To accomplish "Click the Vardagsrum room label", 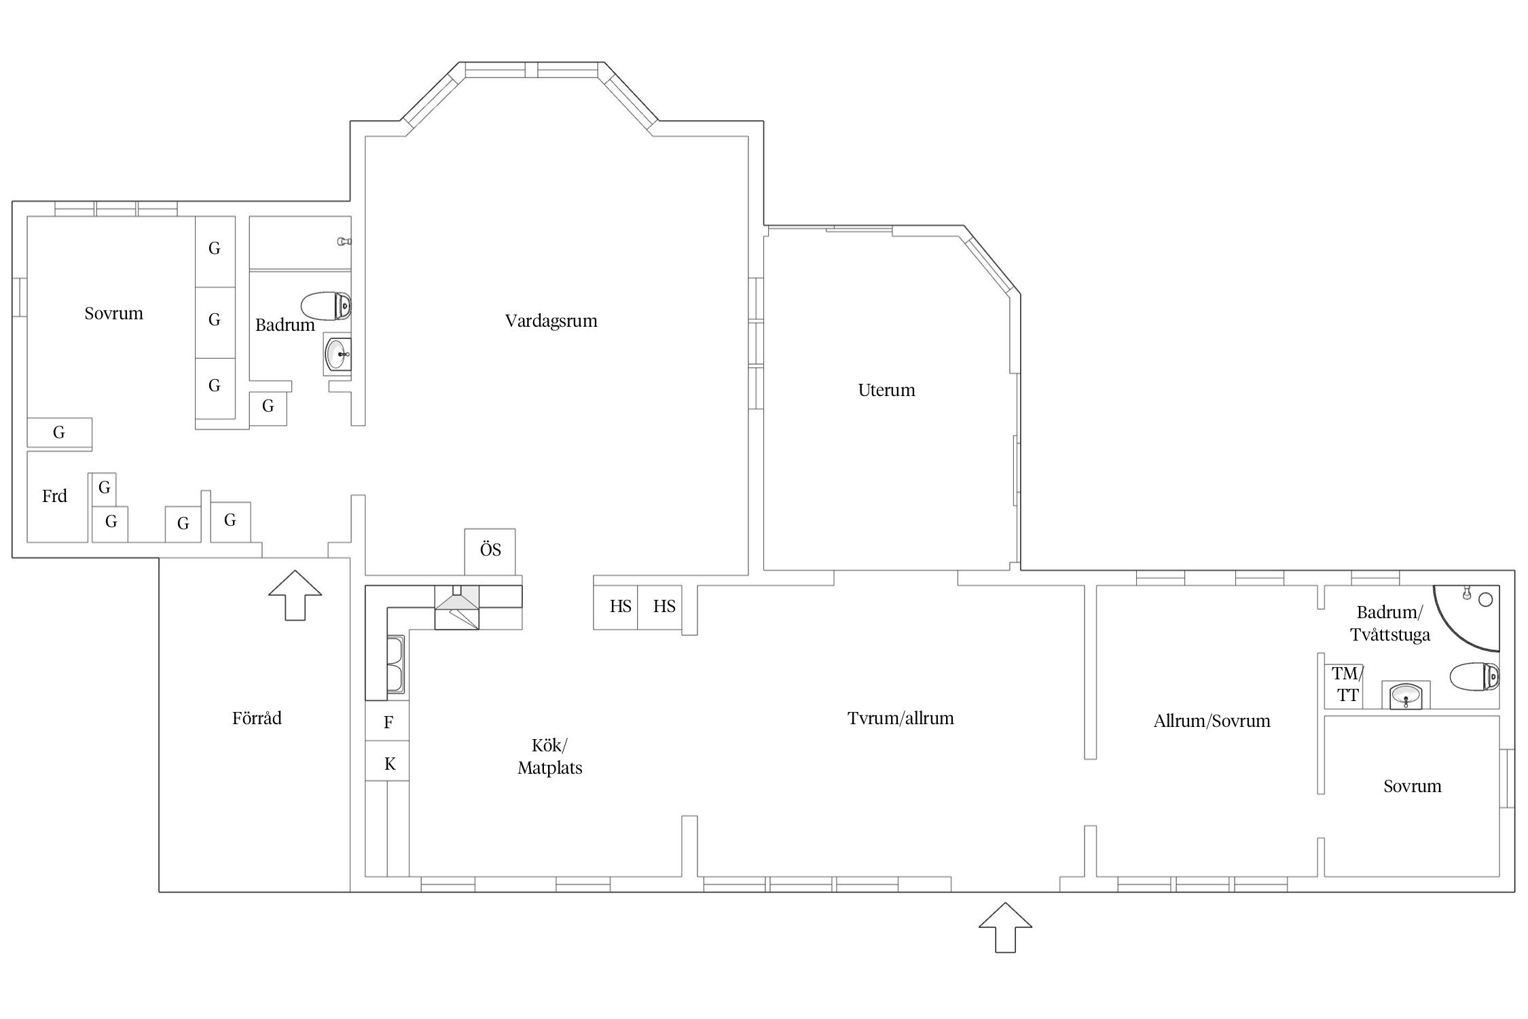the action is pyautogui.click(x=551, y=321).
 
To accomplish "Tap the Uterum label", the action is pyautogui.click(x=886, y=390).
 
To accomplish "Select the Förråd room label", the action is pyautogui.click(x=257, y=718).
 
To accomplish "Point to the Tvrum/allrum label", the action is pyautogui.click(x=901, y=718).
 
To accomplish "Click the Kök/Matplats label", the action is pyautogui.click(x=550, y=756).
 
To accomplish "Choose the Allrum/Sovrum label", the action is pyautogui.click(x=1212, y=721).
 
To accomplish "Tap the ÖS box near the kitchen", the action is pyautogui.click(x=490, y=551).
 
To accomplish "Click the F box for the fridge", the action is pyautogui.click(x=388, y=721).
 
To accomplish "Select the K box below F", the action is pyautogui.click(x=388, y=762).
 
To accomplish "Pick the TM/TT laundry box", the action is pyautogui.click(x=1344, y=685).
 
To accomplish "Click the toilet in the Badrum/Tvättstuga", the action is pyautogui.click(x=1475, y=677).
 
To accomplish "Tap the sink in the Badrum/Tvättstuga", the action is pyautogui.click(x=1405, y=695).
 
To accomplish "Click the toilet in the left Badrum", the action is pyautogui.click(x=326, y=306).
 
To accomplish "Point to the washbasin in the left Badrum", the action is pyautogui.click(x=338, y=353).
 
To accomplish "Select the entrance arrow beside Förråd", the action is pyautogui.click(x=295, y=595).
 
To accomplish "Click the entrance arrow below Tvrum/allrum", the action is pyautogui.click(x=1005, y=927).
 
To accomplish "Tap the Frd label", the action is pyautogui.click(x=54, y=496).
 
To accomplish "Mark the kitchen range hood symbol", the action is pyautogui.click(x=456, y=607).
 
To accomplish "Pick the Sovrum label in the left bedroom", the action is pyautogui.click(x=113, y=313).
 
